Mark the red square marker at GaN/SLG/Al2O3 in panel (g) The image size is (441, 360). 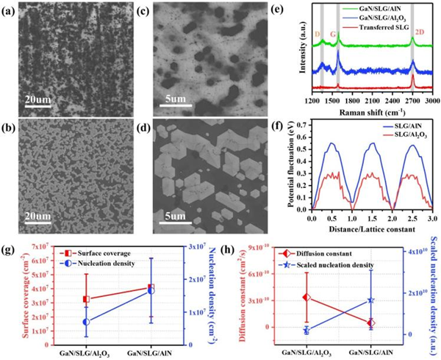87,299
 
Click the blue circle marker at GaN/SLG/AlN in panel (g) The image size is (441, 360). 172,291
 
